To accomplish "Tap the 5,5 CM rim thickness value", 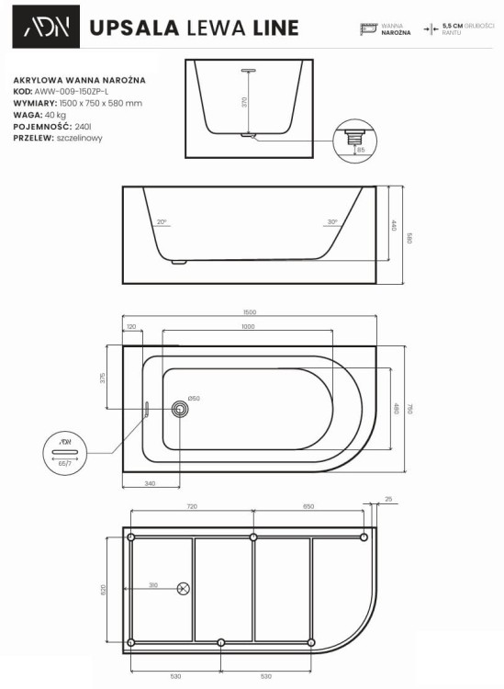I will [452, 26].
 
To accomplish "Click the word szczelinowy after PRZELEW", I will [79, 138].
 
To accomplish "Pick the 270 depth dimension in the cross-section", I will [245, 102].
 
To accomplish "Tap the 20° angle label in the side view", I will [162, 222].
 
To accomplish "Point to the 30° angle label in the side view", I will [331, 222].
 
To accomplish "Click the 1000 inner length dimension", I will [249, 327].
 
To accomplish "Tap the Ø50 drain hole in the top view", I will [182, 407].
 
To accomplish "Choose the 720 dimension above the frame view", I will [192, 506].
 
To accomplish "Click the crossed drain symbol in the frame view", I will [183, 588].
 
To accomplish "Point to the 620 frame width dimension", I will [104, 588].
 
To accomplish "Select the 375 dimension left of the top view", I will [104, 377].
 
